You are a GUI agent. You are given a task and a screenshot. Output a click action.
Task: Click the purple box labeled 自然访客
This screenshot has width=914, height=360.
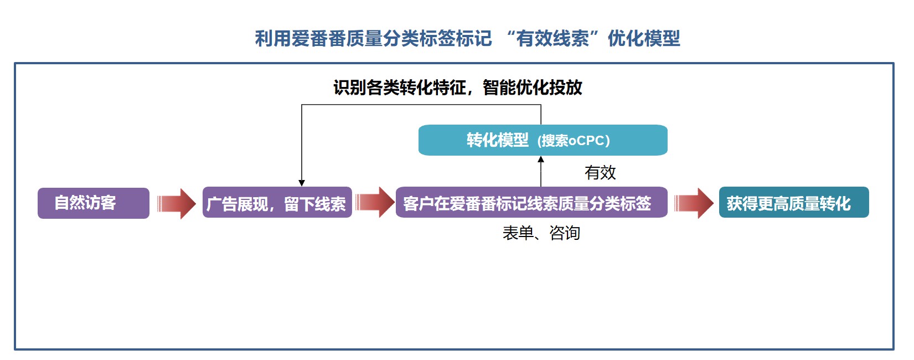pyautogui.click(x=93, y=203)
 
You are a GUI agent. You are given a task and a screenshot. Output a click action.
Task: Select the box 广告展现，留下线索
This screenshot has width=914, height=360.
pyautogui.click(x=277, y=203)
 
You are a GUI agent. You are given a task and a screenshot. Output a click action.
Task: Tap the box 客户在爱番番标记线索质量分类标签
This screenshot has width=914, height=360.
pyautogui.click(x=531, y=203)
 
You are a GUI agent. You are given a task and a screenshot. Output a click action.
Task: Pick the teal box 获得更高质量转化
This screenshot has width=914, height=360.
pyautogui.click(x=793, y=203)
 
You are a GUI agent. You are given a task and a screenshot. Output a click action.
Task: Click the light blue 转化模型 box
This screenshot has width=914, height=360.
pyautogui.click(x=543, y=140)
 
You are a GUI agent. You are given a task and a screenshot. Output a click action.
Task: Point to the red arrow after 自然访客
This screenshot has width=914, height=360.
pyautogui.click(x=176, y=204)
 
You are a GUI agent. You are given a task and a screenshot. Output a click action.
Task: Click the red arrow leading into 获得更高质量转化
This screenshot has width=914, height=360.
pyautogui.click(x=694, y=203)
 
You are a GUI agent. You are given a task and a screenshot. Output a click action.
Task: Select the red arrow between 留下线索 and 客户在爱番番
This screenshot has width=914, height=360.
pyautogui.click(x=374, y=202)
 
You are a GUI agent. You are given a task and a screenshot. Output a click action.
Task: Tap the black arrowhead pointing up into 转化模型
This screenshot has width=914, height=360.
pyautogui.click(x=541, y=160)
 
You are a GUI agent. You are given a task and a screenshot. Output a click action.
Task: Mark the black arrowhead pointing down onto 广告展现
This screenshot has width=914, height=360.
pyautogui.click(x=302, y=183)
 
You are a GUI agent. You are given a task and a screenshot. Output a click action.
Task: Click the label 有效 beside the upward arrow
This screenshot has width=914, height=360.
pyautogui.click(x=600, y=173)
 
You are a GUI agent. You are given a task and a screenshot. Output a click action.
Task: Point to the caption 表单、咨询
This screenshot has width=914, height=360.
pyautogui.click(x=541, y=233)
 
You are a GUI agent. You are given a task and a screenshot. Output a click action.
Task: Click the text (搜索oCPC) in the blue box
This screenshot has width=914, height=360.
pyautogui.click(x=574, y=141)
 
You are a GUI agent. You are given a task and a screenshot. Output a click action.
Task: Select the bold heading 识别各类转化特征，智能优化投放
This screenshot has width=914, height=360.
pyautogui.click(x=457, y=88)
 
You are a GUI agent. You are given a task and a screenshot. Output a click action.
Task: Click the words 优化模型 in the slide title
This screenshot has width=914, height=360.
pyautogui.click(x=644, y=39)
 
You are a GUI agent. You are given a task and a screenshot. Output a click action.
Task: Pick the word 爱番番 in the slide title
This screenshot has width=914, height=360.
pyautogui.click(x=319, y=39)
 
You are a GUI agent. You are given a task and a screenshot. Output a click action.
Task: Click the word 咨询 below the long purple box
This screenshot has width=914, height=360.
pyautogui.click(x=565, y=233)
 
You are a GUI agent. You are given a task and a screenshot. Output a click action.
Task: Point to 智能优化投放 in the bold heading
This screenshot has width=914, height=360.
pyautogui.click(x=533, y=88)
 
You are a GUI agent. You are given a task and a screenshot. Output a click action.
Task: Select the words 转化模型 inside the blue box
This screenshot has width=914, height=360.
pyautogui.click(x=497, y=140)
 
